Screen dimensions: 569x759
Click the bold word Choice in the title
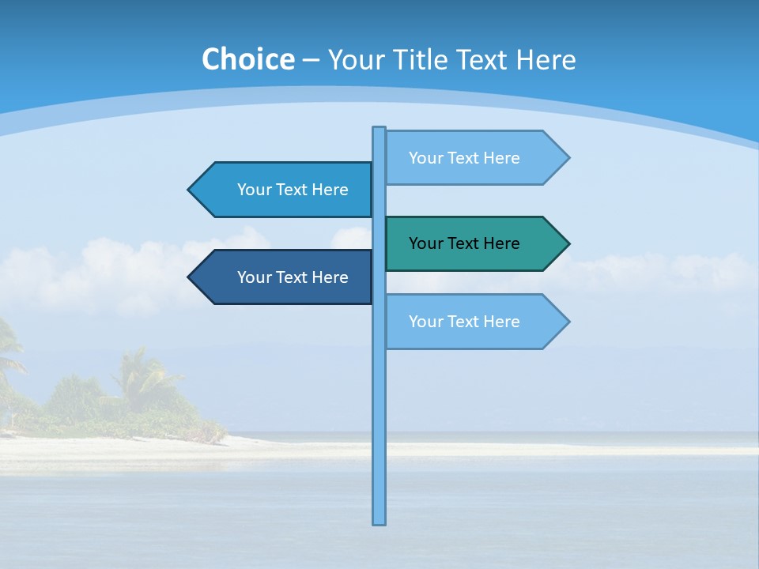pyautogui.click(x=247, y=59)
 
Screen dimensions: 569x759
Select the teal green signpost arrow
pyautogui.click(x=474, y=243)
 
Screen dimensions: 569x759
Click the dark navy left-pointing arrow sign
pyautogui.click(x=285, y=277)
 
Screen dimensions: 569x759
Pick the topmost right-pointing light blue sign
pyautogui.click(x=474, y=158)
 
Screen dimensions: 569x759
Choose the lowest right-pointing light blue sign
pyautogui.click(x=474, y=322)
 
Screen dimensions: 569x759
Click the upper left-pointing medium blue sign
pyautogui.click(x=285, y=190)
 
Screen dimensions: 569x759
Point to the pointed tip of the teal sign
pyautogui.click(x=567, y=243)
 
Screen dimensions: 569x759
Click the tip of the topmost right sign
pyautogui.click(x=567, y=158)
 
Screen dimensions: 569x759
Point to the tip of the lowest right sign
pyautogui.click(x=567, y=322)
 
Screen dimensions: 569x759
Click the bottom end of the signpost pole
pyautogui.click(x=379, y=522)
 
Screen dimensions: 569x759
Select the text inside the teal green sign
pyautogui.click(x=464, y=243)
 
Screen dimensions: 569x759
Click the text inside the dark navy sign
pyautogui.click(x=293, y=277)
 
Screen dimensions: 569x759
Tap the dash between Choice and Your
pyautogui.click(x=311, y=60)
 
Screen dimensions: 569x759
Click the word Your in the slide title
pyautogui.click(x=354, y=59)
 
